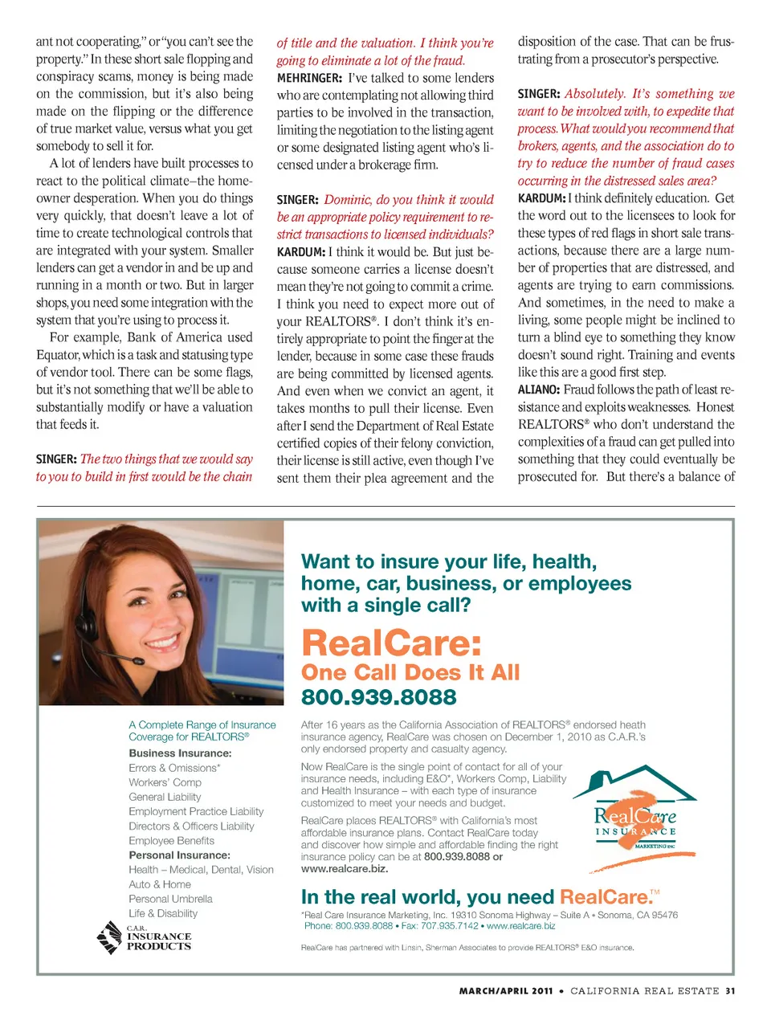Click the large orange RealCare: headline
(x=391, y=643)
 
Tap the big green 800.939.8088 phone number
(x=378, y=696)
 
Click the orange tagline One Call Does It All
(x=410, y=672)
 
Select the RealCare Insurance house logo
(x=635, y=819)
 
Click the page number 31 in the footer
(x=729, y=991)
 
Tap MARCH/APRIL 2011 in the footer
(x=506, y=991)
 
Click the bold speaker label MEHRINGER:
(x=309, y=78)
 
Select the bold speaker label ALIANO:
(x=538, y=390)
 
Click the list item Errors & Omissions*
(x=174, y=768)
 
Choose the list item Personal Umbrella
(x=170, y=899)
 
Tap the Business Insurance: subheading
(x=180, y=753)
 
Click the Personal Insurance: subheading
(x=179, y=855)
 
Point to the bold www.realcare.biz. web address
(x=345, y=869)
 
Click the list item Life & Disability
(x=163, y=913)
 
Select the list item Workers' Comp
(x=165, y=782)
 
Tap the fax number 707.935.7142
(x=451, y=926)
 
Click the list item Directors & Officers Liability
(x=191, y=826)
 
